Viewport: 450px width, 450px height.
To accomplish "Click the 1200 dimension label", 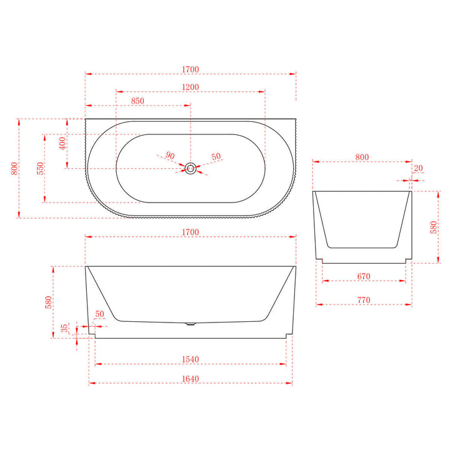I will (x=191, y=87).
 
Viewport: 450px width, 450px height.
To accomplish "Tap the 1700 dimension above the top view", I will (x=191, y=69).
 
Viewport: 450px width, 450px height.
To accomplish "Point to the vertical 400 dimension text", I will (x=62, y=143).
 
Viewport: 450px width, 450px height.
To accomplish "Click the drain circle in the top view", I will (x=191, y=168).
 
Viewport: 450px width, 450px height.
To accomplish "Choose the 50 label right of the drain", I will (x=216, y=156).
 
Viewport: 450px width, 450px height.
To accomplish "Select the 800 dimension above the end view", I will (x=362, y=157).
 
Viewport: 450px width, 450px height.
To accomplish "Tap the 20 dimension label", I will (x=417, y=167).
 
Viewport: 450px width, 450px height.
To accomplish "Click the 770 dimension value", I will (x=364, y=301).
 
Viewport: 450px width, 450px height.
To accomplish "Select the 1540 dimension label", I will (x=191, y=359).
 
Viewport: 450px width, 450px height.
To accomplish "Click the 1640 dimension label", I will (x=191, y=378).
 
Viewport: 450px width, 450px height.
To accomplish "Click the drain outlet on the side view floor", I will (x=191, y=324).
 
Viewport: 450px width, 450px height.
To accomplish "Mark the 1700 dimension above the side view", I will (x=191, y=232).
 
